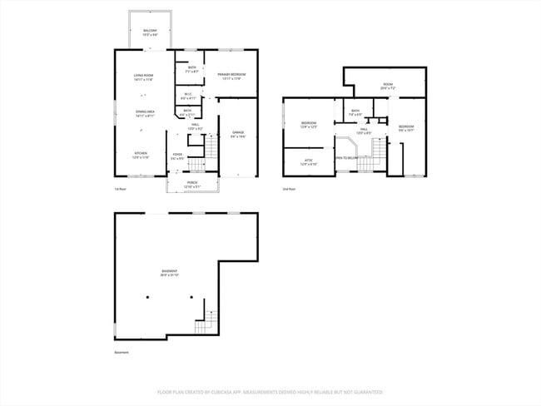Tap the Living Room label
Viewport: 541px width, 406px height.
click(144, 77)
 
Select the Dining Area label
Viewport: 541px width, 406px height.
click(144, 114)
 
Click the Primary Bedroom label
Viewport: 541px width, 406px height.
click(230, 77)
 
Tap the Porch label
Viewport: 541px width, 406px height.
click(192, 185)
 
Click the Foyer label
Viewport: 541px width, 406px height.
click(177, 156)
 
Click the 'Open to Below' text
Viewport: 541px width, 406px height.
click(346, 156)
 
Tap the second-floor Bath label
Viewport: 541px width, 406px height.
click(355, 112)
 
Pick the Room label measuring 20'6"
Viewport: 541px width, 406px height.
click(388, 86)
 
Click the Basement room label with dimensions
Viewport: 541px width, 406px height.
click(169, 274)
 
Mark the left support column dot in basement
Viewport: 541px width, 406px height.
click(164, 297)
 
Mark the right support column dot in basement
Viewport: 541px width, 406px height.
click(191, 297)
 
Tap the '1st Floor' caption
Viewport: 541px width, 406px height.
click(120, 189)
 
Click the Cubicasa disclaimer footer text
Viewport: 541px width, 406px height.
click(270, 391)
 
